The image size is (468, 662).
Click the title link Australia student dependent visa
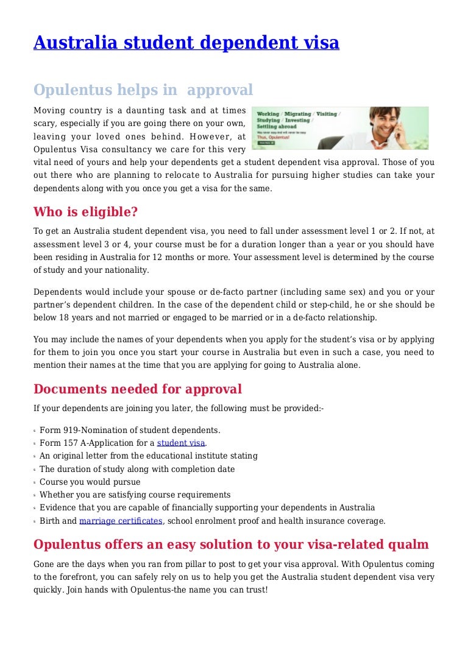[x=186, y=43]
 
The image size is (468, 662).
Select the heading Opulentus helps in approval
[x=143, y=90]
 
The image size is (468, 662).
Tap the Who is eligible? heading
[x=85, y=212]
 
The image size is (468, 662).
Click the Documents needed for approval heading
[x=137, y=389]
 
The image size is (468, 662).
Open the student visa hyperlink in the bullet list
[x=181, y=443]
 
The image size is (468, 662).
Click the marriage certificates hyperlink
[x=121, y=521]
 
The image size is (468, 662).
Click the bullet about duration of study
[x=137, y=469]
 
